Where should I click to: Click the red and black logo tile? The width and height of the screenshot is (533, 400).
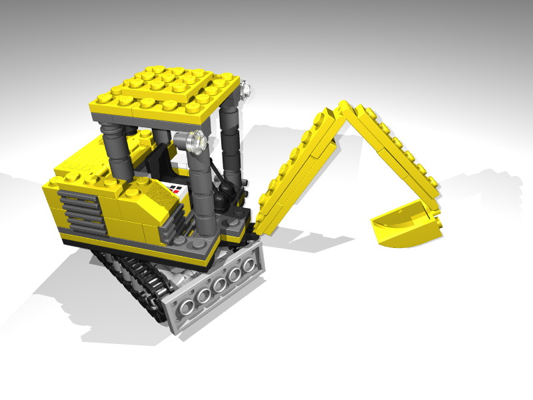[x=175, y=189]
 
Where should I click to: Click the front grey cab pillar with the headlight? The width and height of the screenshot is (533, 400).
[x=197, y=187]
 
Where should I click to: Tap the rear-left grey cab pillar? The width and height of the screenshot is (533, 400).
[x=113, y=153]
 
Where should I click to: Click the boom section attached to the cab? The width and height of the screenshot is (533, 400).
[x=293, y=173]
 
